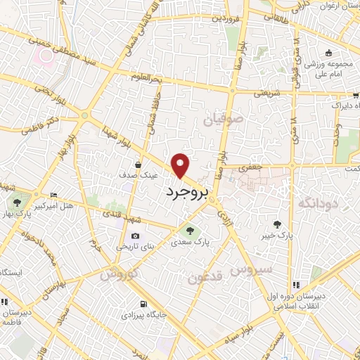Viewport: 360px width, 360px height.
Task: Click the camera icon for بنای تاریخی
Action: click(135, 236)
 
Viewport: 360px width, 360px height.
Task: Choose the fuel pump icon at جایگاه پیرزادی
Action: click(144, 304)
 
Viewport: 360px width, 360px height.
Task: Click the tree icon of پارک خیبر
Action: click(277, 226)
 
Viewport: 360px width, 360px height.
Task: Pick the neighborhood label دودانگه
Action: click(319, 203)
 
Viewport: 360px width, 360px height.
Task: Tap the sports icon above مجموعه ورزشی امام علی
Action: click(328, 53)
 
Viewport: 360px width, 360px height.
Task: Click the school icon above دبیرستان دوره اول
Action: click(296, 285)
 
